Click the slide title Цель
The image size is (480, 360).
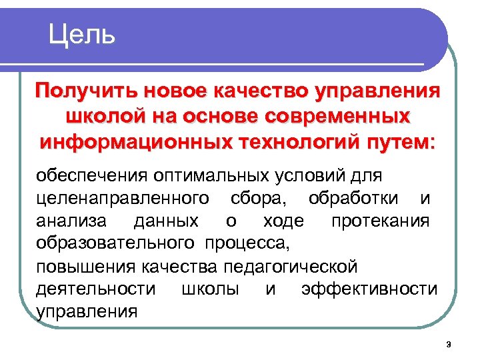click(x=82, y=33)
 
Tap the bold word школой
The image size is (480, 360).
click(x=105, y=117)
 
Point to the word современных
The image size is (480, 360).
click(x=334, y=117)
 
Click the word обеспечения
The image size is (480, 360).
click(x=91, y=177)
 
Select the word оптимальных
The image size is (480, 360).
click(x=210, y=177)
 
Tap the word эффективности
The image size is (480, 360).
click(x=369, y=289)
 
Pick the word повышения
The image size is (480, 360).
click(x=85, y=267)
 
